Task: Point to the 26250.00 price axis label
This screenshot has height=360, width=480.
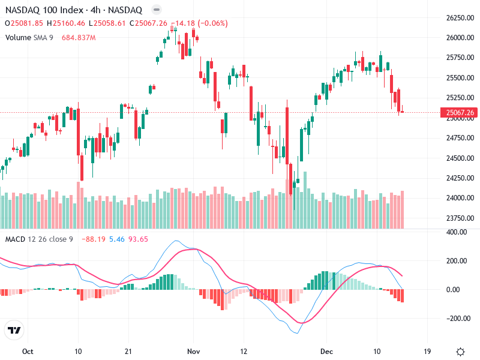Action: tap(459, 18)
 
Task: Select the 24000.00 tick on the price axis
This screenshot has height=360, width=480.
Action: tap(459, 198)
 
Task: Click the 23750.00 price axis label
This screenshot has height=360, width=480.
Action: tap(459, 218)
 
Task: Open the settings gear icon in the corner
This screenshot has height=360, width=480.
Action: tap(460, 351)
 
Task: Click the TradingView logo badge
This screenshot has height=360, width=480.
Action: tap(14, 330)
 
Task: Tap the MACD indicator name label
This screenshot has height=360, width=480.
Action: tap(16, 239)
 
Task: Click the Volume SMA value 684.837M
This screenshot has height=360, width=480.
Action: tap(79, 38)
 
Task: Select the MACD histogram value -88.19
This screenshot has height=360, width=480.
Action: tap(94, 239)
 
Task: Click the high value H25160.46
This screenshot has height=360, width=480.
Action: tap(69, 23)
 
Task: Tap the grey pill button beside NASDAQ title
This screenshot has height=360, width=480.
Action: tap(156, 10)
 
